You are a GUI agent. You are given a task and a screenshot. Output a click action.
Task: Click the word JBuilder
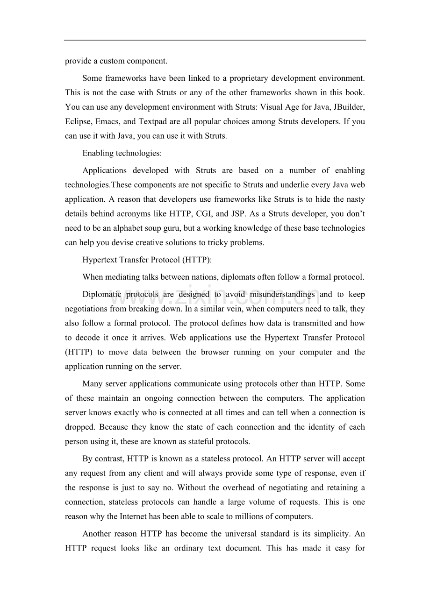(348, 107)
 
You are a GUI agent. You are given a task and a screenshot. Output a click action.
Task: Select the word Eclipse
(77, 121)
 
